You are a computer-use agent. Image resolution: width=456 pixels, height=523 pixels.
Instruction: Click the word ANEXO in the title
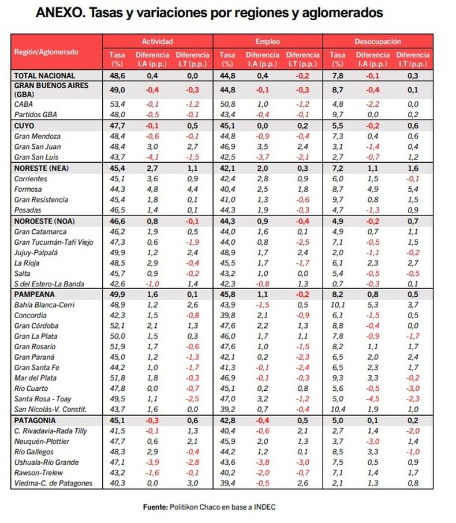pyautogui.click(x=60, y=13)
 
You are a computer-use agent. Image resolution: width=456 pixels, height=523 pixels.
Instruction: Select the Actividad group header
pyautogui.click(x=158, y=42)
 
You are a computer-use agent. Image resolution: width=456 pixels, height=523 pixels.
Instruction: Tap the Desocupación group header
pyautogui.click(x=377, y=42)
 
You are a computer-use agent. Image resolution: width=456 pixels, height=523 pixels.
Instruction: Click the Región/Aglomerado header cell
pyautogui.click(x=46, y=52)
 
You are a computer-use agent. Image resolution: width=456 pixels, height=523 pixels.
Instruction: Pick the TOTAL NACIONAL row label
pyautogui.click(x=44, y=76)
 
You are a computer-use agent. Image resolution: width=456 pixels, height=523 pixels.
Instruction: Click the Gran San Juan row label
pyautogui.click(x=38, y=147)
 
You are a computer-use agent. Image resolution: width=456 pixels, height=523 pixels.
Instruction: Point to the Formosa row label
pyautogui.click(x=28, y=189)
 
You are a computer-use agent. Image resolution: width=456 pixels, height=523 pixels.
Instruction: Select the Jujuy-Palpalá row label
pyautogui.click(x=36, y=252)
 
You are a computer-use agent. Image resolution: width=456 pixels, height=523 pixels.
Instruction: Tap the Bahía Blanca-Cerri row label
pyautogui.click(x=44, y=305)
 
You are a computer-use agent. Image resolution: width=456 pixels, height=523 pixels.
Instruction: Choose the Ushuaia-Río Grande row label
pyautogui.click(x=46, y=462)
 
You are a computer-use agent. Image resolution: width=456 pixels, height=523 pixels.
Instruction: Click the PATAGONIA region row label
pyautogui.click(x=35, y=420)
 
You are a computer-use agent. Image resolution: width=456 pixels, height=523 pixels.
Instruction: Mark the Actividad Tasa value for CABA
pyautogui.click(x=117, y=104)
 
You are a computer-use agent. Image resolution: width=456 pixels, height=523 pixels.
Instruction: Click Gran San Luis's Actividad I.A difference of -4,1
pyautogui.click(x=152, y=157)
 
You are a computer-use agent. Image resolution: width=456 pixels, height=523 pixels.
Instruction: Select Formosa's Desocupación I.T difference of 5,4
pyautogui.click(x=413, y=189)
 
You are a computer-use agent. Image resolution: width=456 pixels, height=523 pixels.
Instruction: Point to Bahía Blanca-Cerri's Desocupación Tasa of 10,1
pyautogui.click(x=338, y=305)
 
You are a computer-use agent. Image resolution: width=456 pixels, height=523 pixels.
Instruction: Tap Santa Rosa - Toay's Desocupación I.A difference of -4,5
pyautogui.click(x=373, y=399)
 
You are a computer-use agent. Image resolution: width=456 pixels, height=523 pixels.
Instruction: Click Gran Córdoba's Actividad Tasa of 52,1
pyautogui.click(x=117, y=326)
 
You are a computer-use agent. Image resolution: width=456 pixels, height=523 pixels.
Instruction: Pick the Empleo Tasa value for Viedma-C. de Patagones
pyautogui.click(x=227, y=483)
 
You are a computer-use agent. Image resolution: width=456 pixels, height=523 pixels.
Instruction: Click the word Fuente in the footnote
pyautogui.click(x=155, y=507)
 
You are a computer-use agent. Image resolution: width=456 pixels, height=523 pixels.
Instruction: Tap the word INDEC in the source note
pyautogui.click(x=264, y=507)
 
